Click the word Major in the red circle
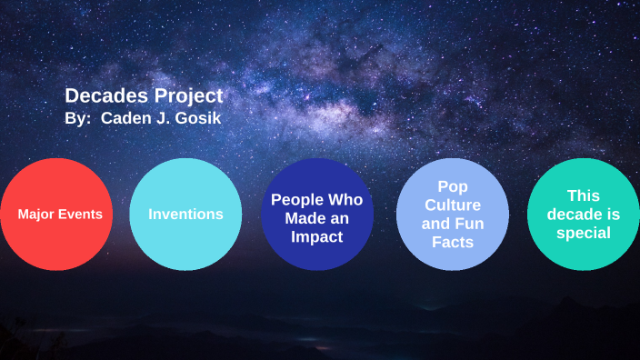pyautogui.click(x=37, y=215)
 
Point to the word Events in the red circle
pyautogui.click(x=80, y=215)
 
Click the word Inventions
pyautogui.click(x=186, y=215)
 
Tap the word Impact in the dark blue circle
pyautogui.click(x=316, y=236)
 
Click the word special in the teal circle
pyautogui.click(x=583, y=234)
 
